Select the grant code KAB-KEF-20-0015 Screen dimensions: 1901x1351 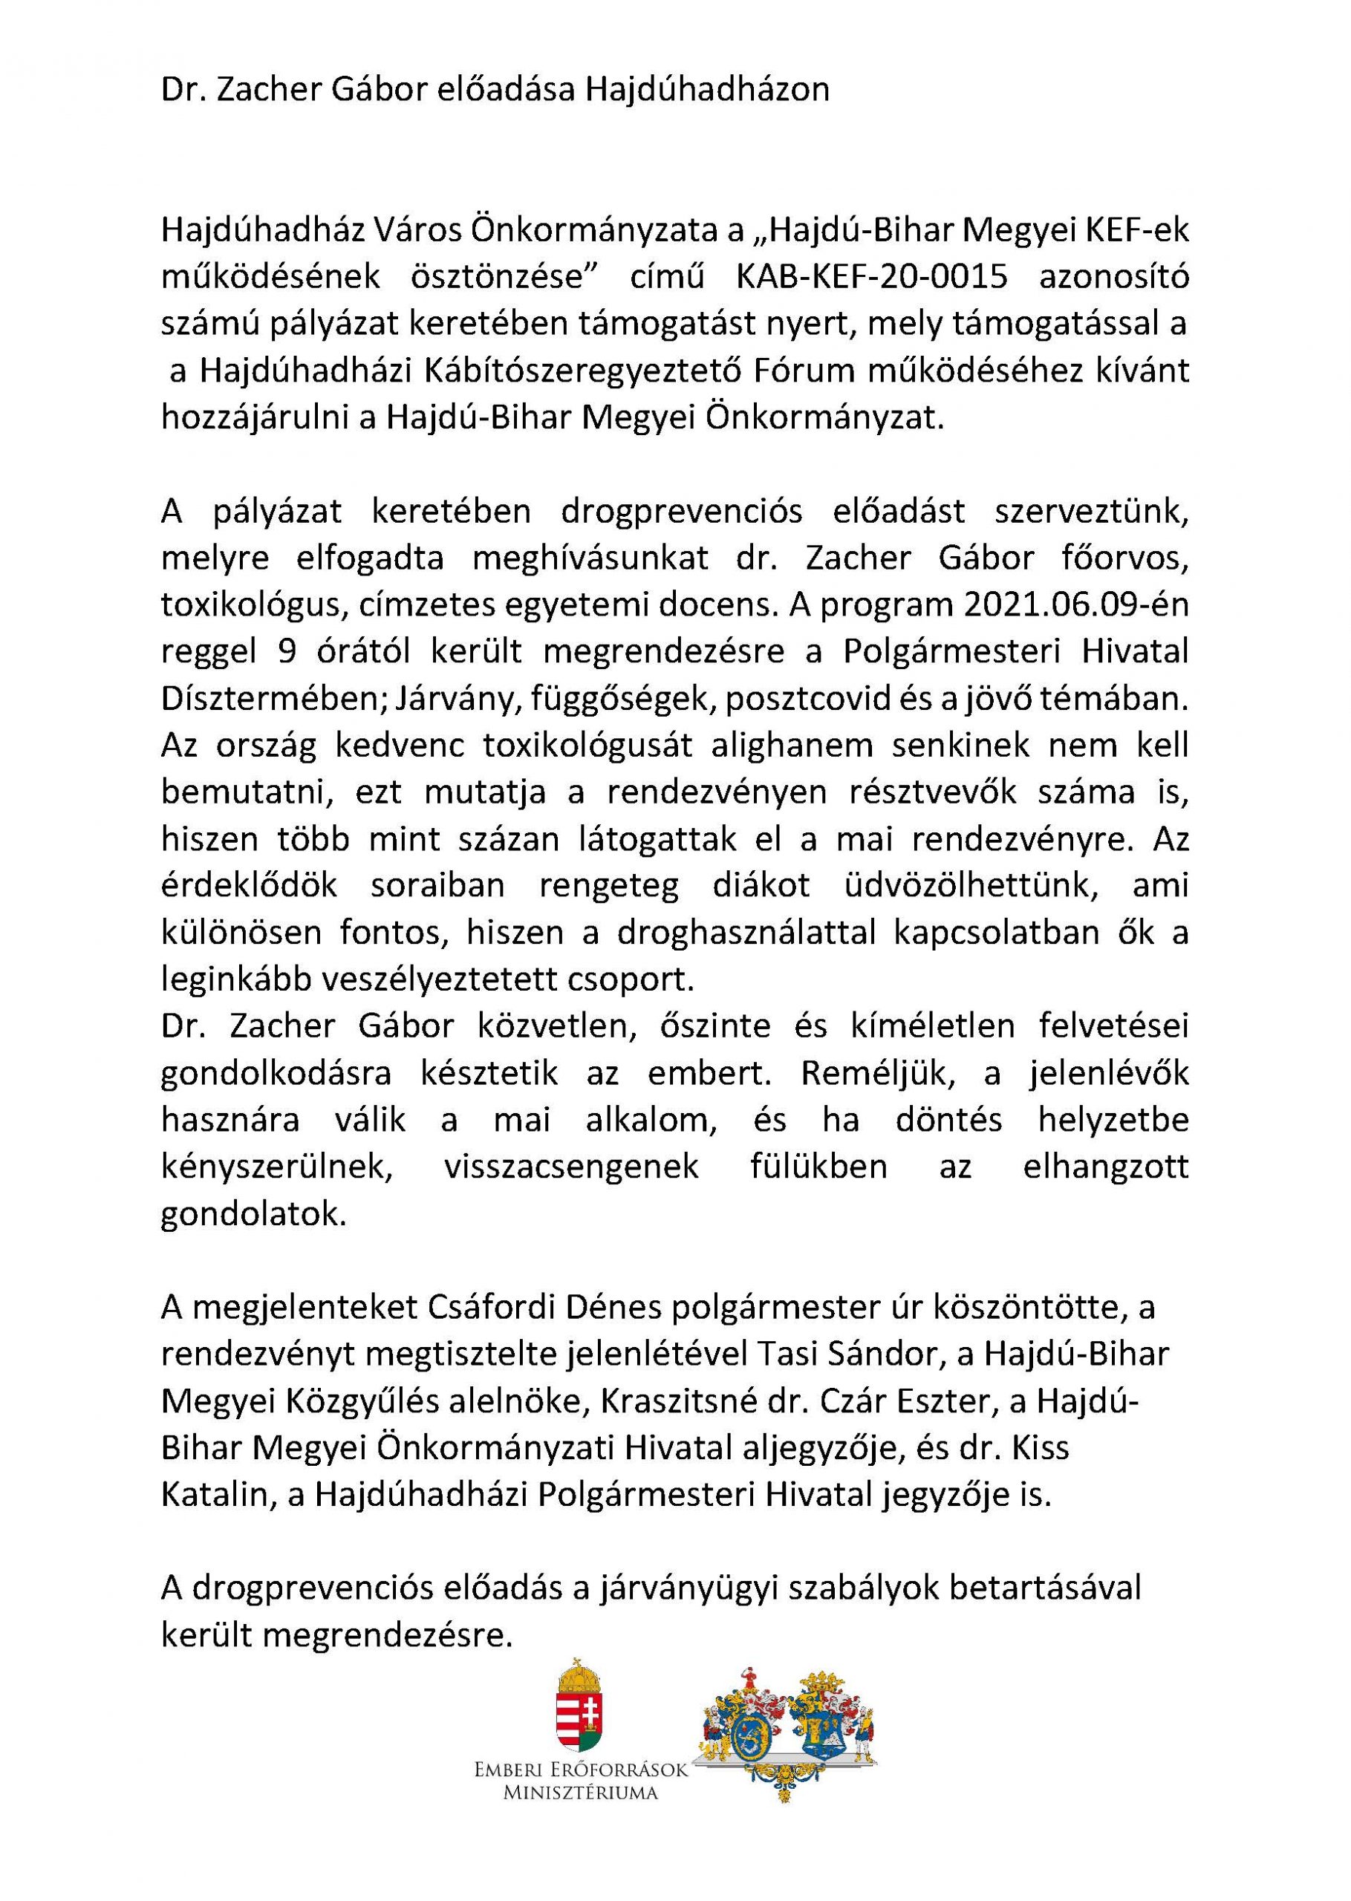pos(870,277)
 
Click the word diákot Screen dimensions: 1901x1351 pos(761,887)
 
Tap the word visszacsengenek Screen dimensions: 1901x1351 pos(571,1167)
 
